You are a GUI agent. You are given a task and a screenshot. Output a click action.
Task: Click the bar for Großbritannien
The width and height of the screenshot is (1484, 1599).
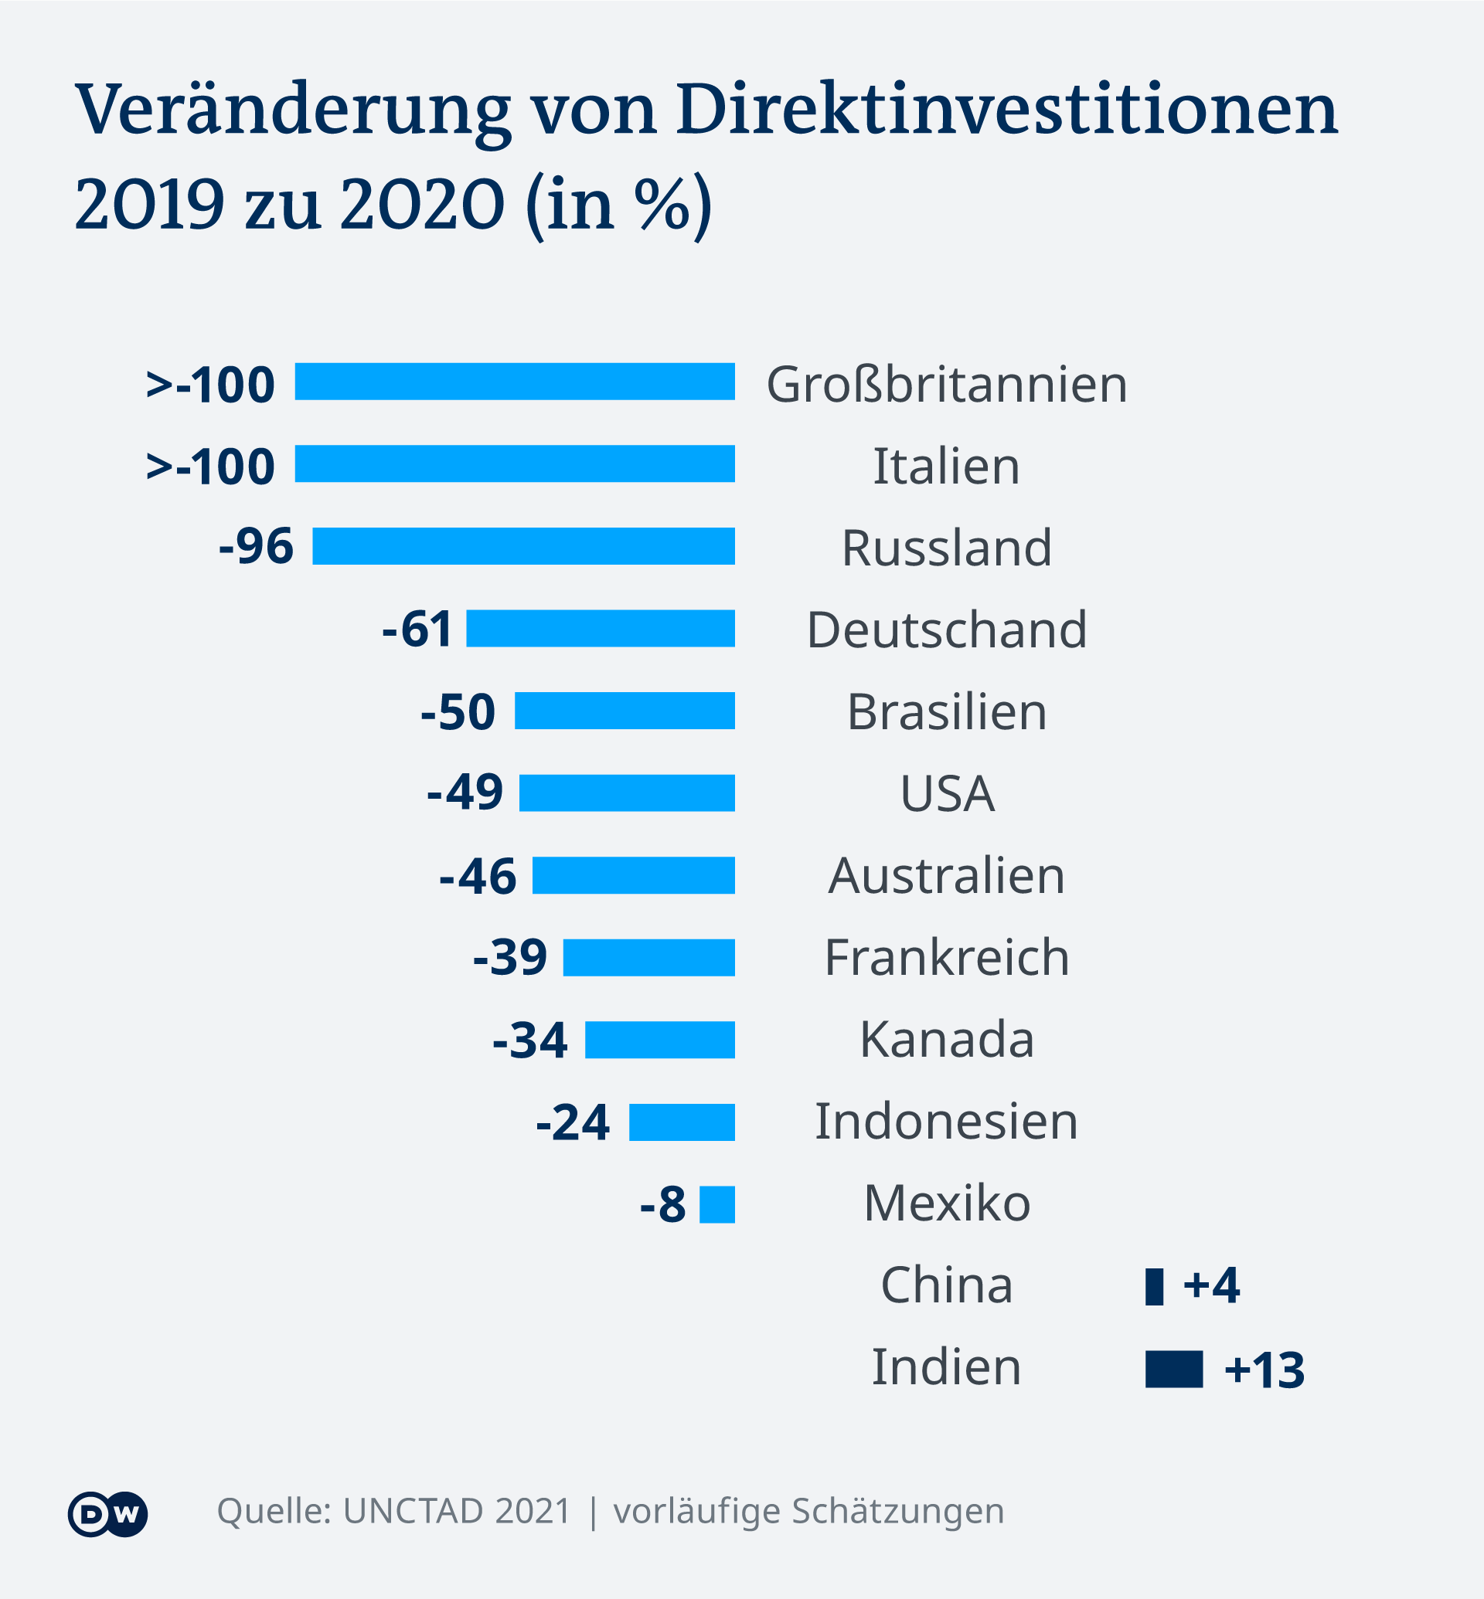click(x=514, y=382)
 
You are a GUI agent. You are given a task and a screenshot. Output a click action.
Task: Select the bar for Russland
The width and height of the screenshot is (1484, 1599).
click(x=522, y=546)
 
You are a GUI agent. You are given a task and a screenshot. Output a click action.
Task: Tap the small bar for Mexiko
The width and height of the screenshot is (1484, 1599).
click(x=716, y=1204)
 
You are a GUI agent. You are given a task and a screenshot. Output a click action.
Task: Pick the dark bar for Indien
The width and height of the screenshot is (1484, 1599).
click(x=1173, y=1370)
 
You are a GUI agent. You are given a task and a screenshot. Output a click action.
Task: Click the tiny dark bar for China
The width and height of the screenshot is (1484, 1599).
click(x=1154, y=1287)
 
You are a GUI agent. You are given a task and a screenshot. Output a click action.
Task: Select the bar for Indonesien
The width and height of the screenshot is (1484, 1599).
click(x=681, y=1122)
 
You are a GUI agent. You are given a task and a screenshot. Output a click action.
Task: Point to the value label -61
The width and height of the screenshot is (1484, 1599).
click(x=417, y=629)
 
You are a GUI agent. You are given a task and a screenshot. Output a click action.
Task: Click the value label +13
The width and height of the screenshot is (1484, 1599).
click(x=1264, y=1370)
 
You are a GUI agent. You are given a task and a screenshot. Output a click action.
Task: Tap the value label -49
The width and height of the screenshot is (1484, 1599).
click(x=465, y=793)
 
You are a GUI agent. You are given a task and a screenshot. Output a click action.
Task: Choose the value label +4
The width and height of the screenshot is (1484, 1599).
click(x=1211, y=1285)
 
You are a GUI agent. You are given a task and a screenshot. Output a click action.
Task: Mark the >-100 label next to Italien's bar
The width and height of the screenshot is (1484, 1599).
click(x=210, y=466)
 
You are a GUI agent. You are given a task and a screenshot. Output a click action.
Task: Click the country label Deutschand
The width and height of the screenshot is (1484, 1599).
click(x=946, y=630)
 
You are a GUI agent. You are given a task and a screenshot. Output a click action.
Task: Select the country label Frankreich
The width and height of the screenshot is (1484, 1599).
click(x=946, y=957)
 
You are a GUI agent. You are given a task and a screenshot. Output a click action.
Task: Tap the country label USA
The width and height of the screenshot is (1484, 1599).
click(x=947, y=794)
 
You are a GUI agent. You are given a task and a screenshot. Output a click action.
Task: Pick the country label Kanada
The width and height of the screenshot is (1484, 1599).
click(x=946, y=1040)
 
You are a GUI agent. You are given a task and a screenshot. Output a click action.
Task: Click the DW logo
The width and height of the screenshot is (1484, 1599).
click(x=107, y=1514)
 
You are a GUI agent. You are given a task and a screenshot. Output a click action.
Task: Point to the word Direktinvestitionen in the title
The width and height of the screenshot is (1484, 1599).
click(x=1006, y=109)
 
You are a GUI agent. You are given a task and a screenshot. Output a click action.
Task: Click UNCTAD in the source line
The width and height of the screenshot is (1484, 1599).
click(x=414, y=1512)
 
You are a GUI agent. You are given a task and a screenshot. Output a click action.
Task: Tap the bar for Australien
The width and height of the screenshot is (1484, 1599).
click(x=633, y=875)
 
